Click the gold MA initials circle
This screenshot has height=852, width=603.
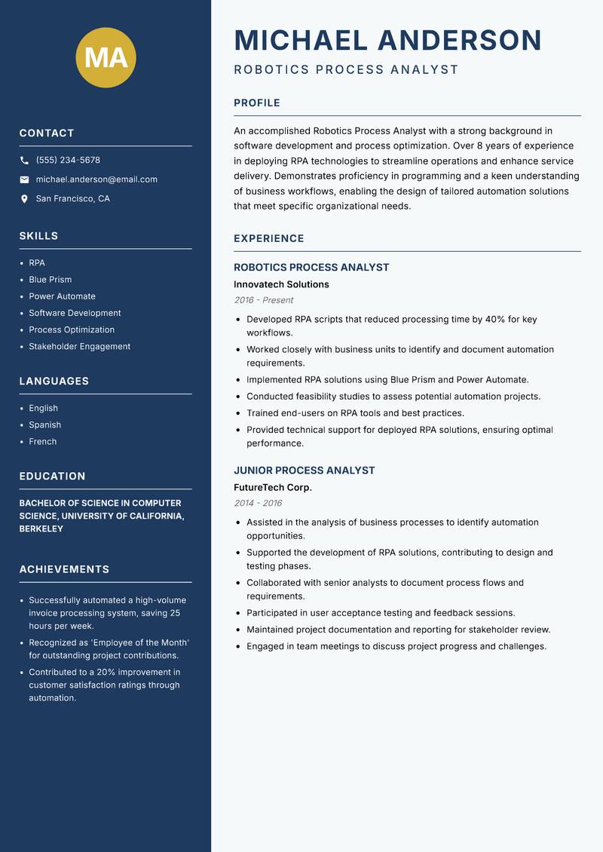(106, 57)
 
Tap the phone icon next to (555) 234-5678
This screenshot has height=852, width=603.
(24, 161)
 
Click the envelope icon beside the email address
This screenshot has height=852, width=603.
(24, 179)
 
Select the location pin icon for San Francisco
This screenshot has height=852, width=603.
(24, 199)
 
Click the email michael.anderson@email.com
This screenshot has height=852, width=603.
(96, 179)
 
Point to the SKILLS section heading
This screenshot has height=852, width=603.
(38, 236)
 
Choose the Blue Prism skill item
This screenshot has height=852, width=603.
(51, 280)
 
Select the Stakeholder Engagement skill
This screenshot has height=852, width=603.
(79, 347)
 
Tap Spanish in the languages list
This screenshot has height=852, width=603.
(44, 425)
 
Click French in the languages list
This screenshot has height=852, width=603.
(43, 442)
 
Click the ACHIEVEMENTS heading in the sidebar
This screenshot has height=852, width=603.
(64, 569)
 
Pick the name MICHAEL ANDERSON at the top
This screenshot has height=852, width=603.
(388, 40)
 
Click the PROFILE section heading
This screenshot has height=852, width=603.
(257, 103)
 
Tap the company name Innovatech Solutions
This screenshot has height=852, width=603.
(281, 285)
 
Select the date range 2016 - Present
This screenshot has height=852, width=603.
(263, 300)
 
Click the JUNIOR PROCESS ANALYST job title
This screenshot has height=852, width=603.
(304, 470)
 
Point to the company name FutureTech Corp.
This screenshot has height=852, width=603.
(273, 488)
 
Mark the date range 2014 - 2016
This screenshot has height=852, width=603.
(258, 503)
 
